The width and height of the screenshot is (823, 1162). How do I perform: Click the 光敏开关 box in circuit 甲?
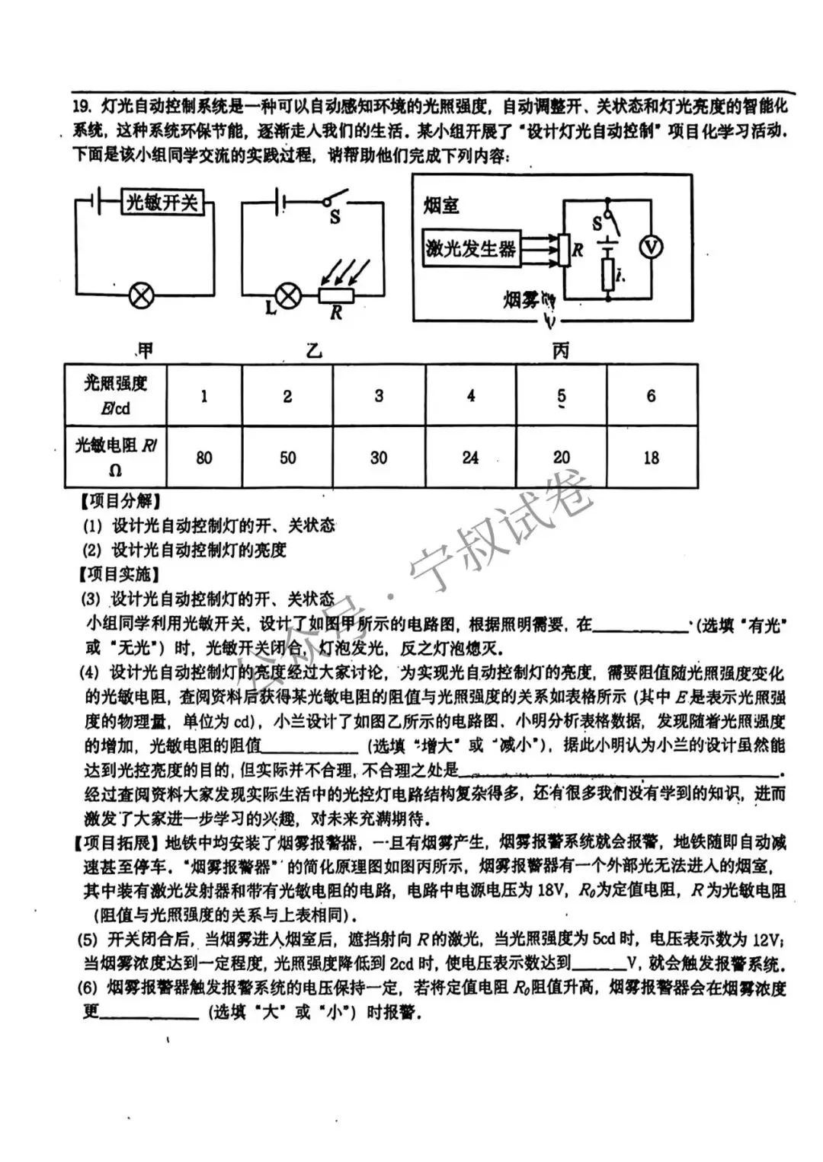[x=162, y=202]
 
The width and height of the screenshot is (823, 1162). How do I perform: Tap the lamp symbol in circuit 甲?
[x=140, y=295]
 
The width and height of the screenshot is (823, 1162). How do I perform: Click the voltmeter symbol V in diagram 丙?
[x=651, y=247]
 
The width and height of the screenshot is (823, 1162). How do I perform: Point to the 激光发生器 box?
[x=471, y=248]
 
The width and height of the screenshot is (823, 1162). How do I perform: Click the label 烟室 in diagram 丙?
[x=441, y=205]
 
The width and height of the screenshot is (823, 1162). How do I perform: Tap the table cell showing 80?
[x=203, y=458]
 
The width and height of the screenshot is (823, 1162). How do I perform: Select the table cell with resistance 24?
[x=470, y=458]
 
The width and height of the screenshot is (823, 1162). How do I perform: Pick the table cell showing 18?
[x=651, y=458]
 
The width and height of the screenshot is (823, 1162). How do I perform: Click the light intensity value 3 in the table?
[x=379, y=396]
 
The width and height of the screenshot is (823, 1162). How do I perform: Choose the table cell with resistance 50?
[x=287, y=458]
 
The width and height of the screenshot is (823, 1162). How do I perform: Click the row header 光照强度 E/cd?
[x=115, y=394]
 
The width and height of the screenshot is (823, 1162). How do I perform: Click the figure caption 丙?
[x=560, y=351]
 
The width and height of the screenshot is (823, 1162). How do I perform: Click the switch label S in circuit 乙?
[x=335, y=218]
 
